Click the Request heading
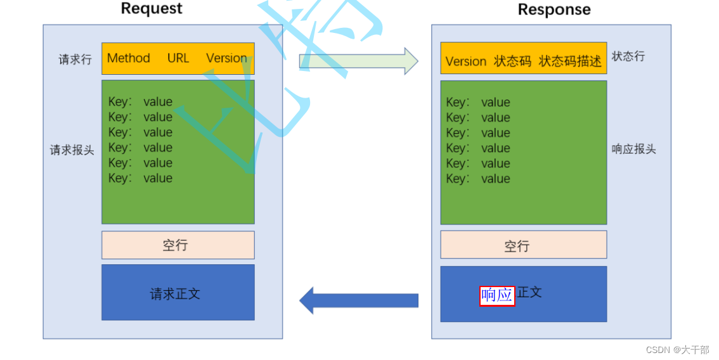[x=152, y=9]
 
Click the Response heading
[x=554, y=10]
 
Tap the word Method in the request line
[x=129, y=58]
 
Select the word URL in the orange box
[x=178, y=58]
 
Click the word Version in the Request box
[x=226, y=58]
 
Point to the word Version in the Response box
[x=466, y=61]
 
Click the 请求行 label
[x=75, y=60]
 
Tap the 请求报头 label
[x=72, y=150]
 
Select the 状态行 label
[x=628, y=56]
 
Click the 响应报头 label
[x=633, y=150]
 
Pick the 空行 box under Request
[x=178, y=245]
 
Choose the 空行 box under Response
[x=523, y=246]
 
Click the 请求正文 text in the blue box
[x=175, y=294]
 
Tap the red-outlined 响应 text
[x=497, y=295]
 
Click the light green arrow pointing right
[x=358, y=61]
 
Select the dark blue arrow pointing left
[x=358, y=300]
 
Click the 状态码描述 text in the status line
[x=570, y=61]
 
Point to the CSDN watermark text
[x=677, y=350]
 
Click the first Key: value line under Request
[x=140, y=102]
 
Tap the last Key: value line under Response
[x=478, y=179]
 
